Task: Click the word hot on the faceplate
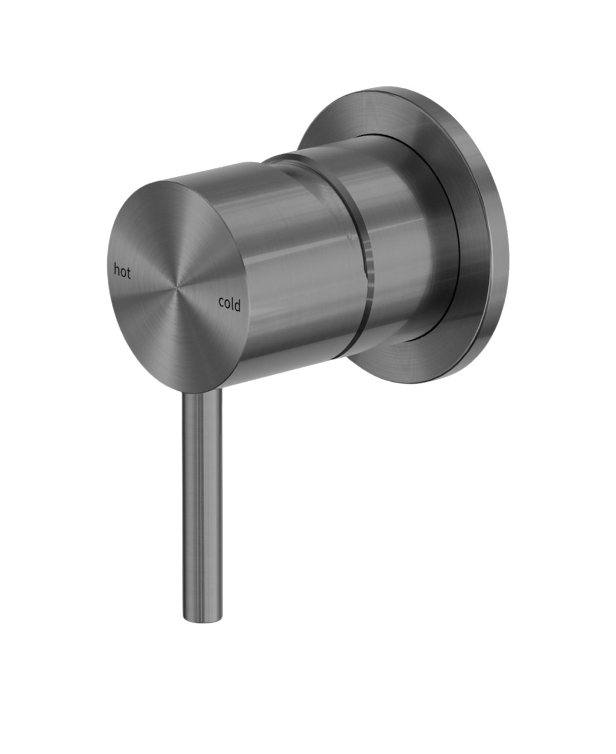click(122, 271)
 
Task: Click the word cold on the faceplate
click(229, 305)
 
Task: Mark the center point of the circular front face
click(177, 287)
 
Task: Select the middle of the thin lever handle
click(202, 508)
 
